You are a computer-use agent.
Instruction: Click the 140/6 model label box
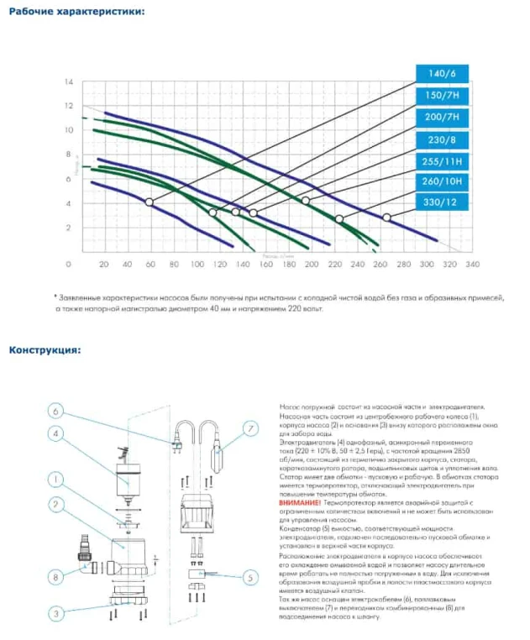(x=441, y=74)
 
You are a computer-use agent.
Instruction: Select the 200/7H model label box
(x=441, y=118)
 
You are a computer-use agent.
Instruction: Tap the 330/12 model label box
(x=441, y=202)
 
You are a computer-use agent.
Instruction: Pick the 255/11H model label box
(x=441, y=160)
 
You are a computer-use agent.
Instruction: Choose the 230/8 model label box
(x=441, y=139)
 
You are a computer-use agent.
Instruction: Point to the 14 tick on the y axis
(x=70, y=82)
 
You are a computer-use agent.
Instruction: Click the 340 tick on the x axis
(x=472, y=265)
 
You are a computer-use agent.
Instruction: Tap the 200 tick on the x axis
(x=312, y=265)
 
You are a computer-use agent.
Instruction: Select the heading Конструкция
(x=45, y=349)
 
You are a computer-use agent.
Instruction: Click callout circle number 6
(x=55, y=412)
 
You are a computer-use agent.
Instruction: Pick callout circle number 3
(x=55, y=614)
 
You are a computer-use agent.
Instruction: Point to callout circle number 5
(x=251, y=577)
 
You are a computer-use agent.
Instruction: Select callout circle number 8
(x=55, y=577)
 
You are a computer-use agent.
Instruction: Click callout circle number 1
(x=55, y=480)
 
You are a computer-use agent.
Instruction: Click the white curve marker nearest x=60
(x=150, y=202)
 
